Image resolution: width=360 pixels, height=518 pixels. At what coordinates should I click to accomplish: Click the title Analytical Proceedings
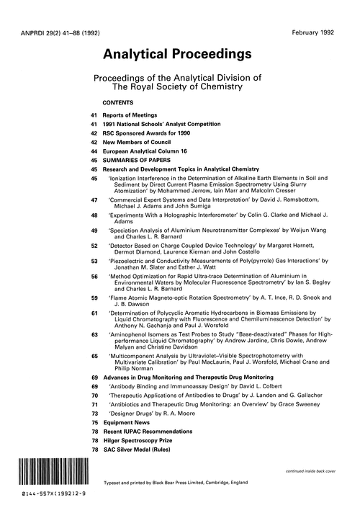(x=178, y=54)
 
